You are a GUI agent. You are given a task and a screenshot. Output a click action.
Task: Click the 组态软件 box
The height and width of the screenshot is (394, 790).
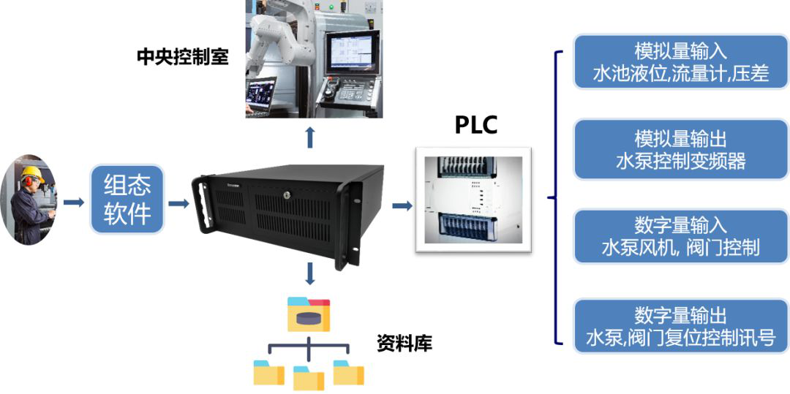tap(128, 199)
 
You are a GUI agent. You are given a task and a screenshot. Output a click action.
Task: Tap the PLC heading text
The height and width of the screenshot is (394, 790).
tap(475, 125)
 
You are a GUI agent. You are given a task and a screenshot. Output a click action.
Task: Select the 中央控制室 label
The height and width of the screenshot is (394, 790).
tap(182, 57)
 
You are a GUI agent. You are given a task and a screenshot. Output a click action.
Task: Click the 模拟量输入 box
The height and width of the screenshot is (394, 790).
tap(680, 61)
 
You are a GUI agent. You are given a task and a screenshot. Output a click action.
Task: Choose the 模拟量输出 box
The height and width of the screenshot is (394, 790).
tap(680, 149)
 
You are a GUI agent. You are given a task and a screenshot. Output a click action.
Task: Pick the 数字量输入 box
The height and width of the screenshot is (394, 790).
tap(680, 236)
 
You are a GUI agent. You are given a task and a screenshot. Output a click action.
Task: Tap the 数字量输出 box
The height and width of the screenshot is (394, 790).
tap(680, 326)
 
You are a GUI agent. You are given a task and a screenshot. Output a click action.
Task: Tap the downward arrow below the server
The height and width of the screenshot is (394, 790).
tap(310, 273)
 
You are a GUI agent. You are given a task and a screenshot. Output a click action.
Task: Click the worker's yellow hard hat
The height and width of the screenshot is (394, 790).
tap(31, 175)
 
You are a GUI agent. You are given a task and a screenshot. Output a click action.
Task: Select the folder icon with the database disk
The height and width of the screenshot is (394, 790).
tap(308, 314)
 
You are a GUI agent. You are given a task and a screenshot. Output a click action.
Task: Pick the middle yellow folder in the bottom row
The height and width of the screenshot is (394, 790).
tap(308, 377)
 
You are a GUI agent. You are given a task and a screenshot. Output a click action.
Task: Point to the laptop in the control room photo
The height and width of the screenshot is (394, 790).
tap(260, 95)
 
